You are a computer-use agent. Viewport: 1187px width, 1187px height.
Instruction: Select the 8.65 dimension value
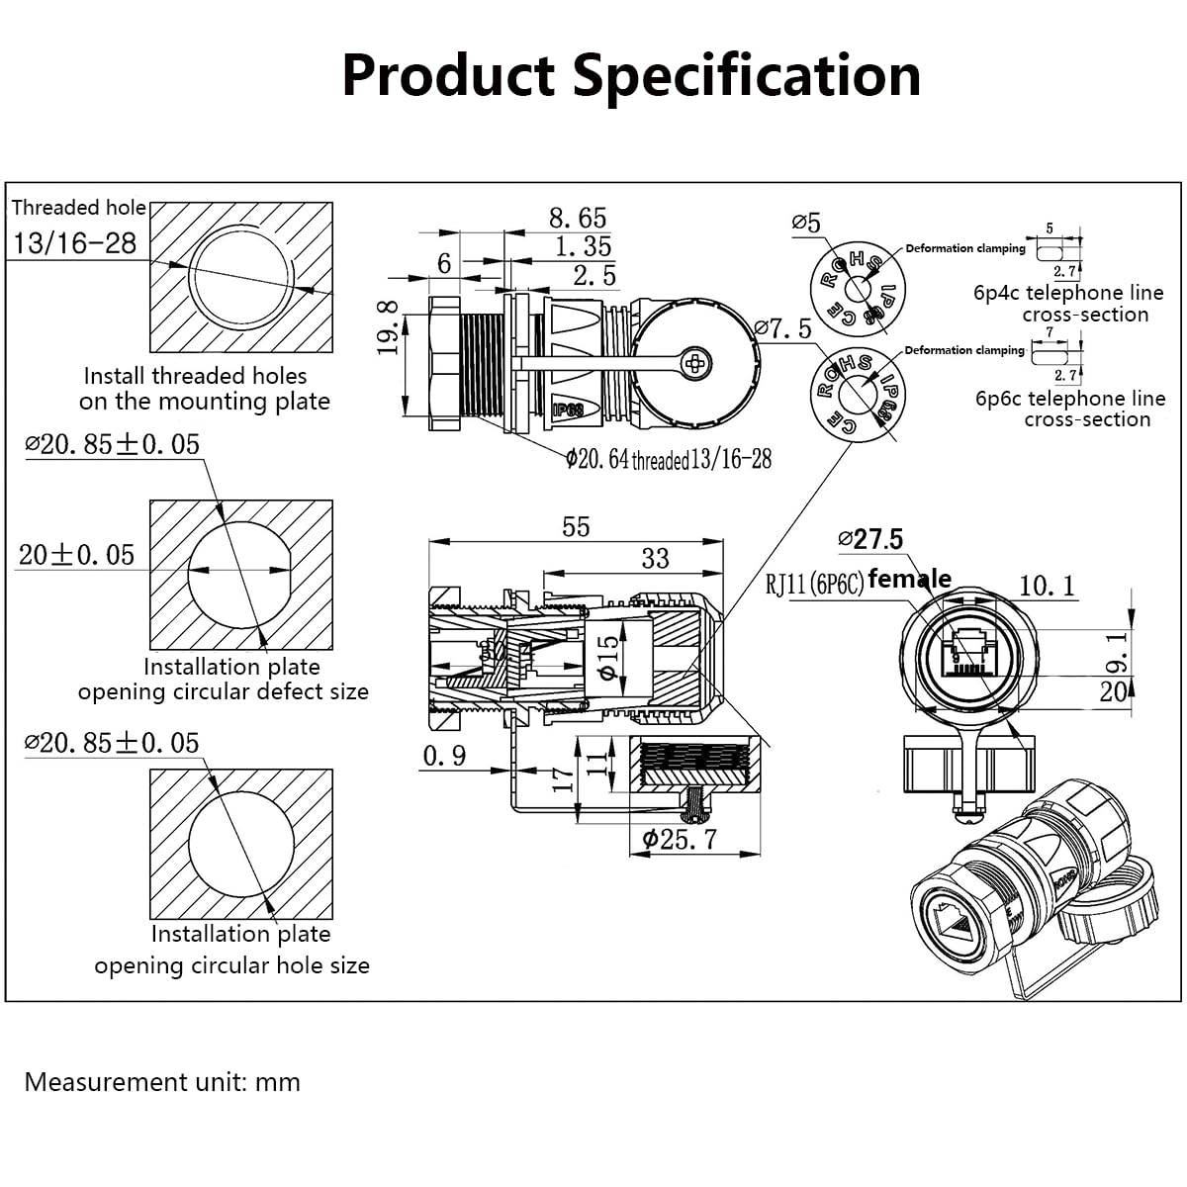[578, 218]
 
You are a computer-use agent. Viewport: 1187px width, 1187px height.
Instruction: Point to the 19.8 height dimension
[389, 327]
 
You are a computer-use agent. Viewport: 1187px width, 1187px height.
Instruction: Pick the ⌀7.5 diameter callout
[781, 327]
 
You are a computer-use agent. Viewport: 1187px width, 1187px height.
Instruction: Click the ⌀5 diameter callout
[806, 223]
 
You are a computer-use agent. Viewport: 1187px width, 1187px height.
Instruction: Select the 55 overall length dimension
[576, 526]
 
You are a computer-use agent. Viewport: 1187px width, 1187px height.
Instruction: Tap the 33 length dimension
[655, 558]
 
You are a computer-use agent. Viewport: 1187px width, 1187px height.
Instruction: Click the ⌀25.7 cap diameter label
[680, 840]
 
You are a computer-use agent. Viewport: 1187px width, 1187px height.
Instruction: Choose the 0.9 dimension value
[444, 756]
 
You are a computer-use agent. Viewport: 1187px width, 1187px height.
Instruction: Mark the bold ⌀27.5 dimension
[870, 539]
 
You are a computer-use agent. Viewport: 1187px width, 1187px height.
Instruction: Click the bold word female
[909, 579]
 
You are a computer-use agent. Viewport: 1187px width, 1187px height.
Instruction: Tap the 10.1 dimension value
[1047, 586]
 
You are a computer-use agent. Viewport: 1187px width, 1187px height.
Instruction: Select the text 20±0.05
[76, 555]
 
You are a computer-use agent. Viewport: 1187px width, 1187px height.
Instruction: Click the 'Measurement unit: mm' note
[162, 1082]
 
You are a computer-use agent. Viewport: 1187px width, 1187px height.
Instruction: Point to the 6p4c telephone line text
[1068, 293]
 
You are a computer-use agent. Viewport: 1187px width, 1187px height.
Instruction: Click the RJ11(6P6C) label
[814, 584]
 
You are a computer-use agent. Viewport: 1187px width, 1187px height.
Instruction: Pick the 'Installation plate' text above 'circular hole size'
[240, 934]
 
